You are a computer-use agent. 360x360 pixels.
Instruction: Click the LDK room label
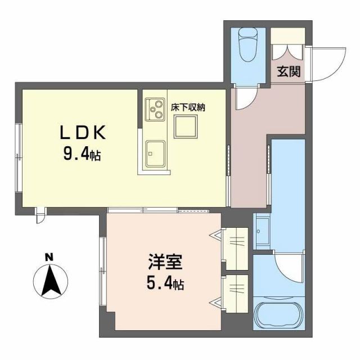tap(83, 133)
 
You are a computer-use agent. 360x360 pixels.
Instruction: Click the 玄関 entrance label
tap(287, 72)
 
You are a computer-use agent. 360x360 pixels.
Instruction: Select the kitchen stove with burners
tap(154, 109)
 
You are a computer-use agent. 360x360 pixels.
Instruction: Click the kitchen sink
tap(154, 154)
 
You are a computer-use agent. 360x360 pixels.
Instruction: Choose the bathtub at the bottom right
tap(277, 317)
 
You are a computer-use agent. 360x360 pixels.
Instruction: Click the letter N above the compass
tap(49, 258)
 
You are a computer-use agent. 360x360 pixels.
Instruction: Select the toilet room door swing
tap(245, 98)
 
